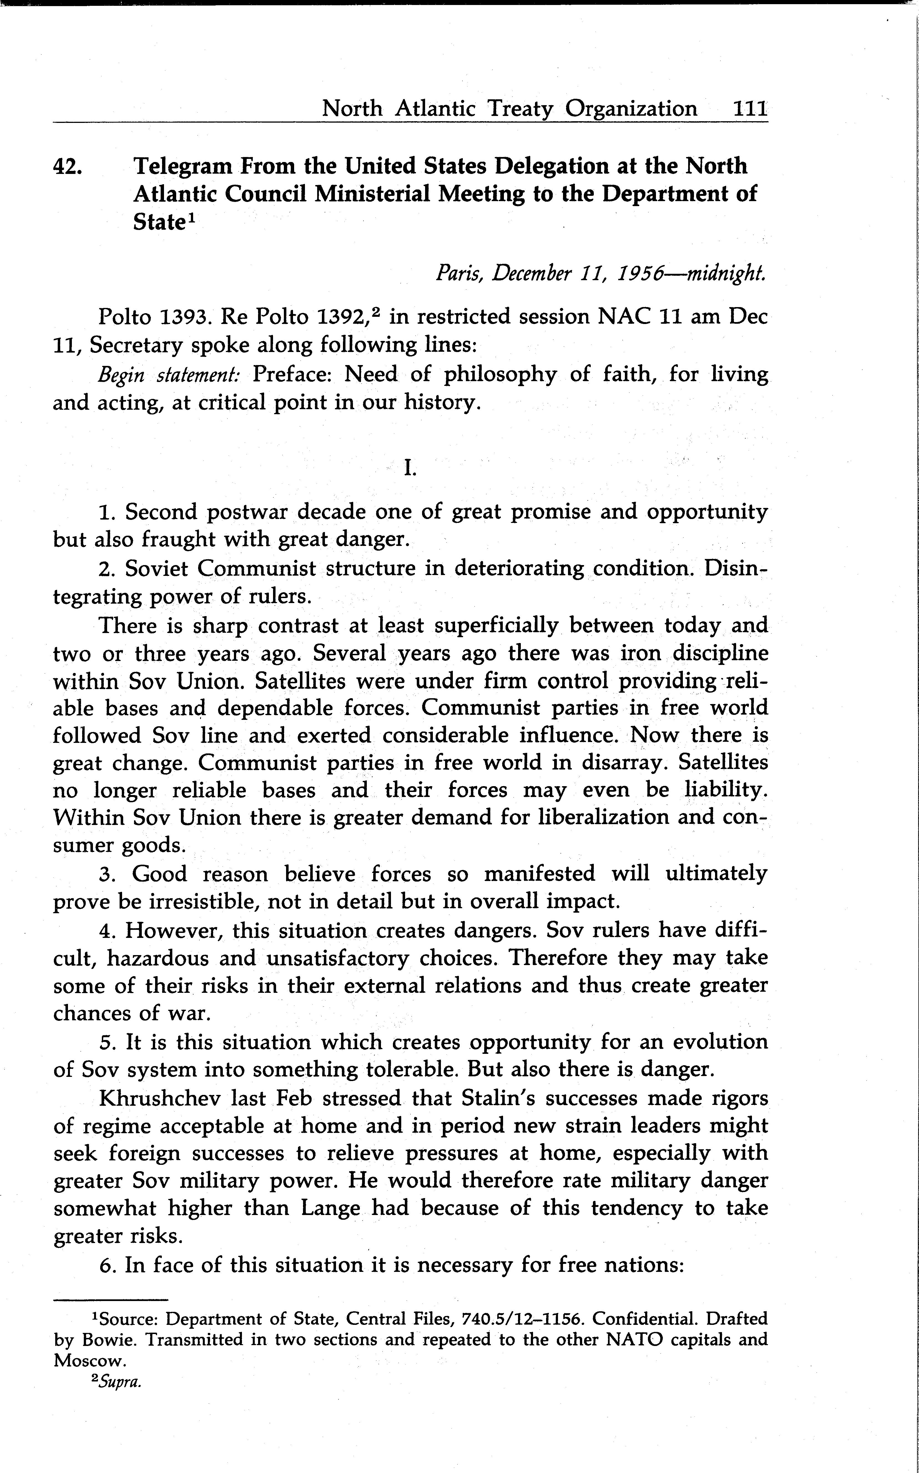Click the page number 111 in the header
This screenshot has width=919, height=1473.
point(750,109)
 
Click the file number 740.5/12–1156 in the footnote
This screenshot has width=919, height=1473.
point(523,1319)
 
